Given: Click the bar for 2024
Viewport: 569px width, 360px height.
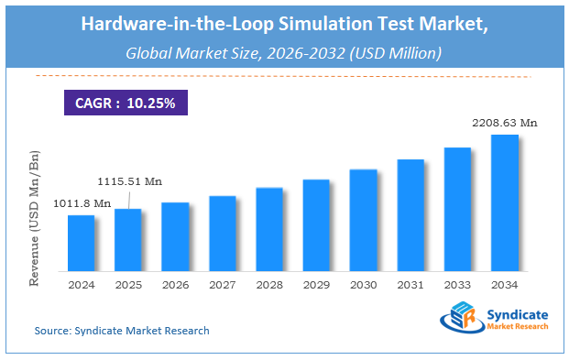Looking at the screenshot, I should click(x=81, y=243).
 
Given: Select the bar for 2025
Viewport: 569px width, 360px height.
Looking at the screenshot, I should click(x=128, y=240).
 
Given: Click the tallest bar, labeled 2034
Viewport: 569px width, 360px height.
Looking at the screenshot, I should click(x=505, y=202).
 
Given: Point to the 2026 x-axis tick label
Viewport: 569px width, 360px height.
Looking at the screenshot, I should click(x=175, y=284).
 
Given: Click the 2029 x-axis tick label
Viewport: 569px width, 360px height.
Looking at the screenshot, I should click(x=316, y=284).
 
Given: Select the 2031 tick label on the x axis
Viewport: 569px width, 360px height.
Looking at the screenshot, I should click(x=410, y=284).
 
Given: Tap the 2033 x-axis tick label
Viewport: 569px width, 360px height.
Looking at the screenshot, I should click(x=457, y=284).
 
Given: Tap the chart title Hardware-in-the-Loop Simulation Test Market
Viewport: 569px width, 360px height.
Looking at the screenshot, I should click(x=284, y=26).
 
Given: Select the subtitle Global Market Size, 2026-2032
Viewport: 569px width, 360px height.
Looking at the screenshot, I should click(x=284, y=54).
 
